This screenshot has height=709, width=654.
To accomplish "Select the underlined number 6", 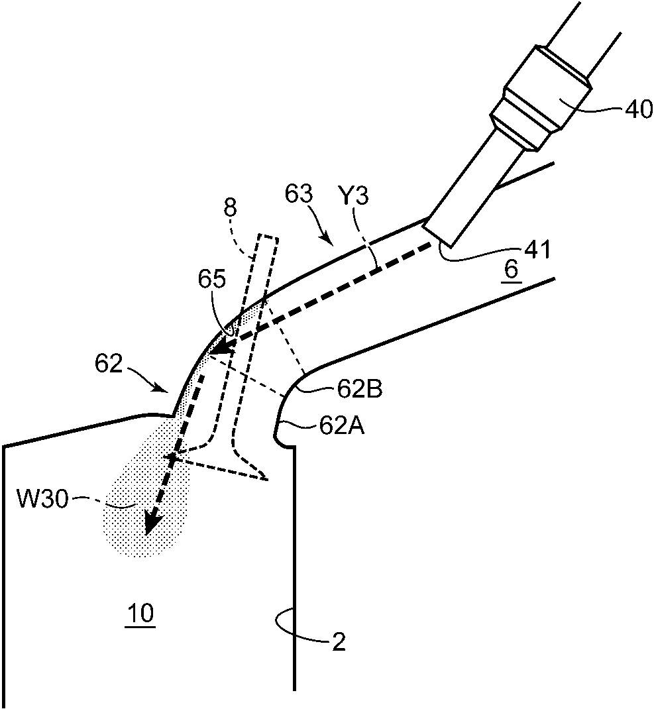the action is (x=511, y=270).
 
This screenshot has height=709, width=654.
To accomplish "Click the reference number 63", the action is (x=298, y=194).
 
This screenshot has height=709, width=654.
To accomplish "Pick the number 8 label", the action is (x=230, y=209).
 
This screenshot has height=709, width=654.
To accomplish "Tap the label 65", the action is (x=211, y=280).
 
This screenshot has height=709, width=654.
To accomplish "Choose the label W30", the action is (x=42, y=499).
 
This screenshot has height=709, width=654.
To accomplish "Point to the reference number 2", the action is (x=339, y=641).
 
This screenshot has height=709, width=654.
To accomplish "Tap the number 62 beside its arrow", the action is (x=109, y=364).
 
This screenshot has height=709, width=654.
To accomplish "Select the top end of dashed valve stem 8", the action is (x=267, y=237).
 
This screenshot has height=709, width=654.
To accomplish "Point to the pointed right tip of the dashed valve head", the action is (x=268, y=479).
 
